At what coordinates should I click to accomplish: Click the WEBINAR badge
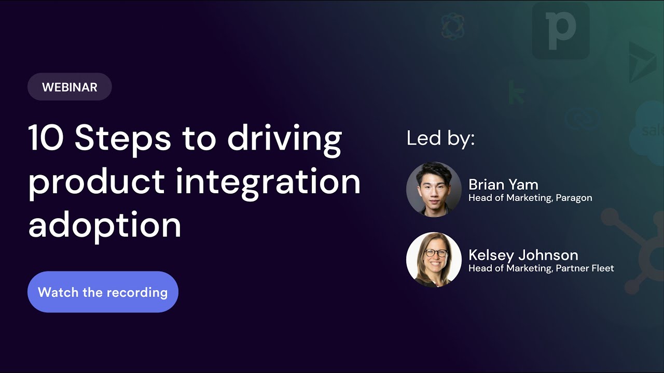click(70, 87)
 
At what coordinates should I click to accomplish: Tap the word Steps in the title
click(122, 138)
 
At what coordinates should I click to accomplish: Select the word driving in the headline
click(284, 138)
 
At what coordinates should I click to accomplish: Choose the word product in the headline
click(96, 182)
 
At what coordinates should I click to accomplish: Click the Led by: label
click(440, 138)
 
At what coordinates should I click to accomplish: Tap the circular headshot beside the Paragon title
click(434, 189)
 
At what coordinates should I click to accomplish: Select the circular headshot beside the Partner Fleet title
click(434, 260)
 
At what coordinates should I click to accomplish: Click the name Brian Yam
click(503, 184)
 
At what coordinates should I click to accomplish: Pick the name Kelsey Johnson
click(523, 255)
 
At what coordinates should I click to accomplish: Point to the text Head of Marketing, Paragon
click(530, 198)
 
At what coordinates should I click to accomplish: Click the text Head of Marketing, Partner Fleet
click(541, 268)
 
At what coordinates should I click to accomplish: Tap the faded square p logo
click(560, 30)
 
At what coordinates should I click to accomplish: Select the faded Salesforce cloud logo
click(648, 130)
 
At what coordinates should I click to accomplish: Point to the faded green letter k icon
click(516, 92)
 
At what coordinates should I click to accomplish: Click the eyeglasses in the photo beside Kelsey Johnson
click(436, 253)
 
